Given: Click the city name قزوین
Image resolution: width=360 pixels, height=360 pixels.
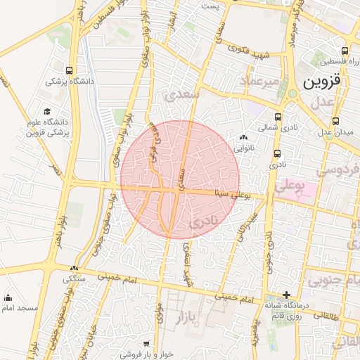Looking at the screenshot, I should pos(323,81).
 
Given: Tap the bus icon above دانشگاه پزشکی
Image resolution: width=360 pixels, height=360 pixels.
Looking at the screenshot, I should pos(69,70).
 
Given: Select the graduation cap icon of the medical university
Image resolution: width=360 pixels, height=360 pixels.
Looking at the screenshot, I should pos(47,112).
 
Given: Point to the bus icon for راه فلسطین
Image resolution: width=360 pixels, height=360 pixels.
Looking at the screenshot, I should pos(344,51).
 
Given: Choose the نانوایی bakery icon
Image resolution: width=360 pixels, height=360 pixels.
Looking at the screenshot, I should pos(244,138).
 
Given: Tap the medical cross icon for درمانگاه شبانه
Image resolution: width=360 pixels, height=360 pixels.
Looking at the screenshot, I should pos(286,295).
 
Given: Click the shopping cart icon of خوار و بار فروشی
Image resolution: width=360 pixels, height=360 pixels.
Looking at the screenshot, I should pos(146,344).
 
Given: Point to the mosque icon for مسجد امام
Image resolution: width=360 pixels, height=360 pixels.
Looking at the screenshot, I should pos(8,297).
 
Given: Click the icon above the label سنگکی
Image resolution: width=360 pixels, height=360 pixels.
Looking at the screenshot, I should pos(74,268).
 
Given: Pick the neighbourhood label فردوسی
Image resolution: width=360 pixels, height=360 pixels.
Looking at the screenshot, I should pos(338,169).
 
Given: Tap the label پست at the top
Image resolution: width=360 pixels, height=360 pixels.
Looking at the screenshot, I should pos(211,6).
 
